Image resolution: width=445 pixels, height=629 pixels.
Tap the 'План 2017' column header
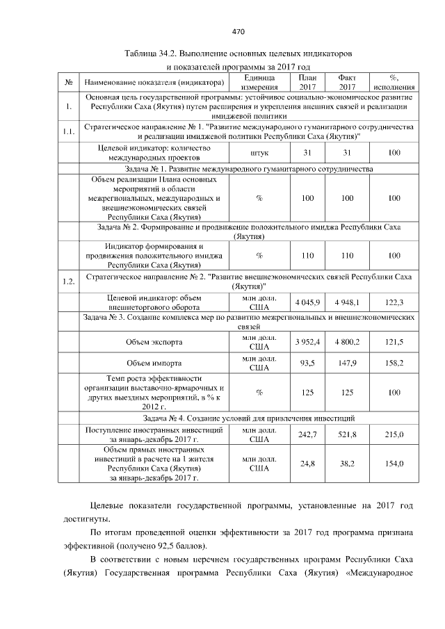click(307, 83)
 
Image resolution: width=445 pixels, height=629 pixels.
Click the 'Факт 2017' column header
click(347, 83)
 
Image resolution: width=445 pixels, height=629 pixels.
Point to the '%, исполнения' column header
click(394, 83)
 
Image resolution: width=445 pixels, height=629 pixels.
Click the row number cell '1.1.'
click(68, 132)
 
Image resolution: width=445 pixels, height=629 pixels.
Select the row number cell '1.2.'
click(68, 281)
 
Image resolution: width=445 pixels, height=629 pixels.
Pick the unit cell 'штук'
click(259, 153)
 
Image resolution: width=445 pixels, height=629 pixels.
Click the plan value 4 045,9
click(307, 303)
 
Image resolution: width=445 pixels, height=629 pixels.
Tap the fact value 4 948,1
click(347, 303)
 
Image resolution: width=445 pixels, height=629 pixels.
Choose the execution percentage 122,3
click(394, 303)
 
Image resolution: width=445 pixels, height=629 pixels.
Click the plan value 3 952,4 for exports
click(307, 343)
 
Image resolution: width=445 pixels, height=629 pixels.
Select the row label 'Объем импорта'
click(154, 363)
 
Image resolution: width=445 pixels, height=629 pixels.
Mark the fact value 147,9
click(347, 363)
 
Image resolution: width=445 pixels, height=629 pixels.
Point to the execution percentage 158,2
click(394, 363)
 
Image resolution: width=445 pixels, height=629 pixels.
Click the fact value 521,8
click(347, 434)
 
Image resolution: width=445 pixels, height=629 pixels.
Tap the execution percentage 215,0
click(394, 434)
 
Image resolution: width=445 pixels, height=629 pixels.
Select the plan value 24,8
click(307, 464)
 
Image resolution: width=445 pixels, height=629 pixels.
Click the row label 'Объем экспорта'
click(154, 343)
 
